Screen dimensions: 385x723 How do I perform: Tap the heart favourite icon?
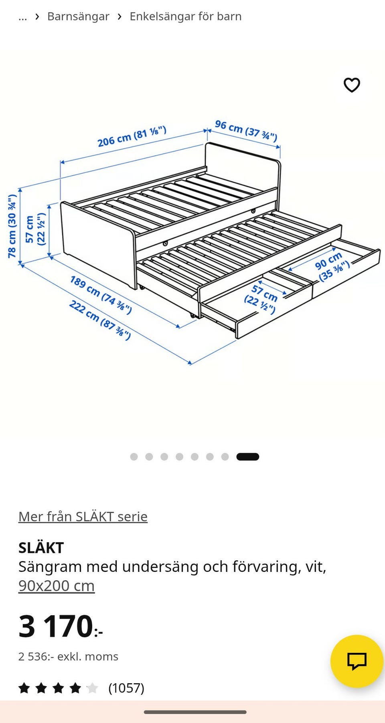pyautogui.click(x=352, y=85)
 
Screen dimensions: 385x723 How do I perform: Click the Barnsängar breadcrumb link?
pyautogui.click(x=78, y=16)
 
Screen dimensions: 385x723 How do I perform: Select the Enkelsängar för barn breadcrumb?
pyautogui.click(x=186, y=16)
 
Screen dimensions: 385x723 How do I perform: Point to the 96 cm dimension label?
pyautogui.click(x=246, y=131)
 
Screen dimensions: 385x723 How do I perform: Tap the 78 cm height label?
pyautogui.click(x=12, y=226)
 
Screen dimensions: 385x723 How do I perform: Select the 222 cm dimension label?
pyautogui.click(x=100, y=320)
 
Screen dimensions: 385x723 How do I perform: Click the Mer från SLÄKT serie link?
pyautogui.click(x=83, y=516)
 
